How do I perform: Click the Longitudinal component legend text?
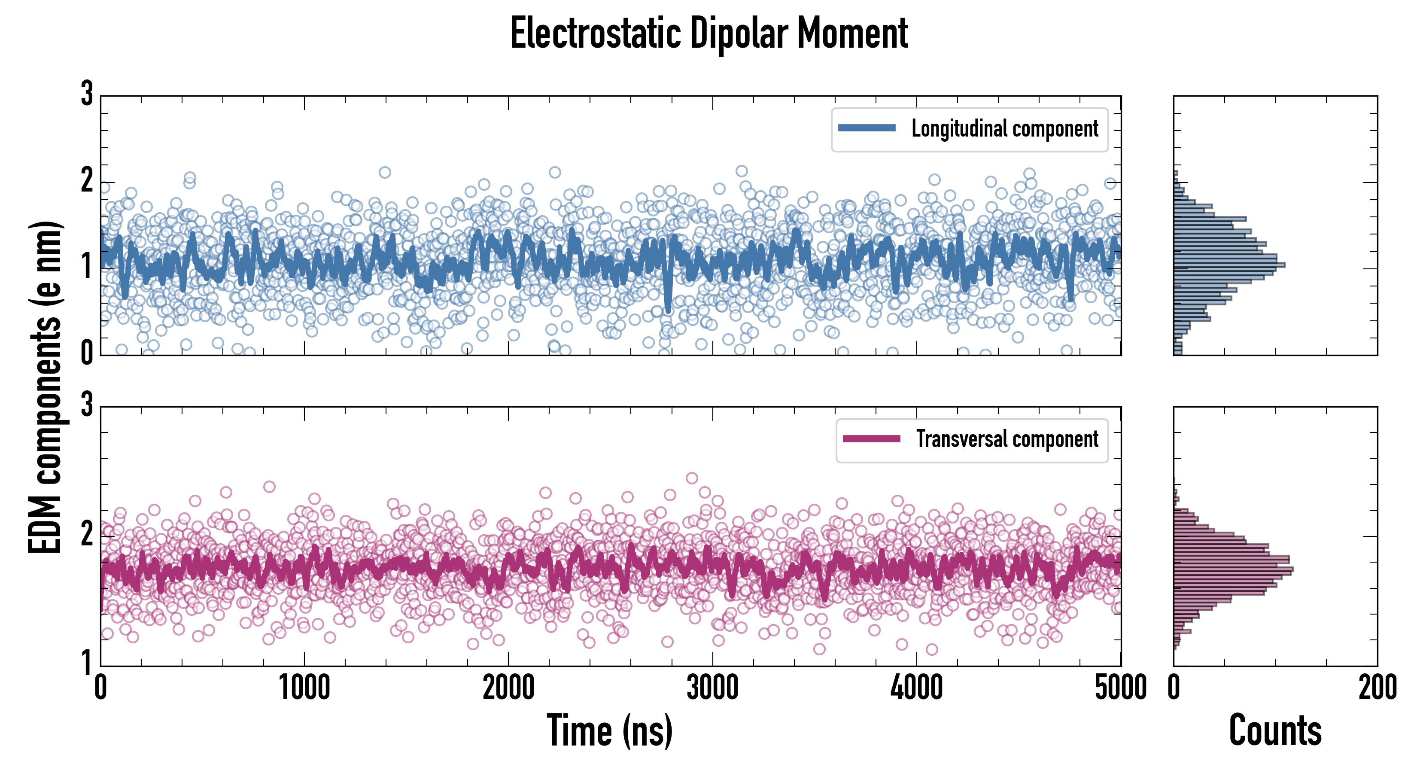1004,129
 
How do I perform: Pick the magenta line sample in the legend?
871,439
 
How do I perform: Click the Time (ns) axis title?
609,730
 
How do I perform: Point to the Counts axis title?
1275,730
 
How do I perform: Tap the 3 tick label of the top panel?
87,94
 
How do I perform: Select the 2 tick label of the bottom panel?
87,534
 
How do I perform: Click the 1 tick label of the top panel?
87,267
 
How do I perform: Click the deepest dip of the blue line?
668,310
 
